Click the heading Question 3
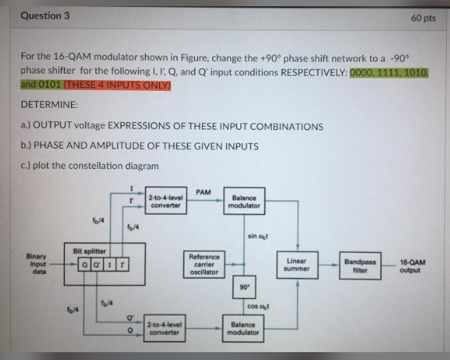click(x=45, y=15)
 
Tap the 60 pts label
click(x=423, y=17)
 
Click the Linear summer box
click(x=297, y=265)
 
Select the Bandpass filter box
click(x=358, y=265)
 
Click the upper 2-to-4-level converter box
click(x=165, y=202)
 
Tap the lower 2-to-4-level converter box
click(x=165, y=327)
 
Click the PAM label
click(x=203, y=192)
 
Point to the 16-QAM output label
click(x=415, y=265)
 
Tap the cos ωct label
click(x=257, y=307)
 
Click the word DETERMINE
click(x=49, y=104)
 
